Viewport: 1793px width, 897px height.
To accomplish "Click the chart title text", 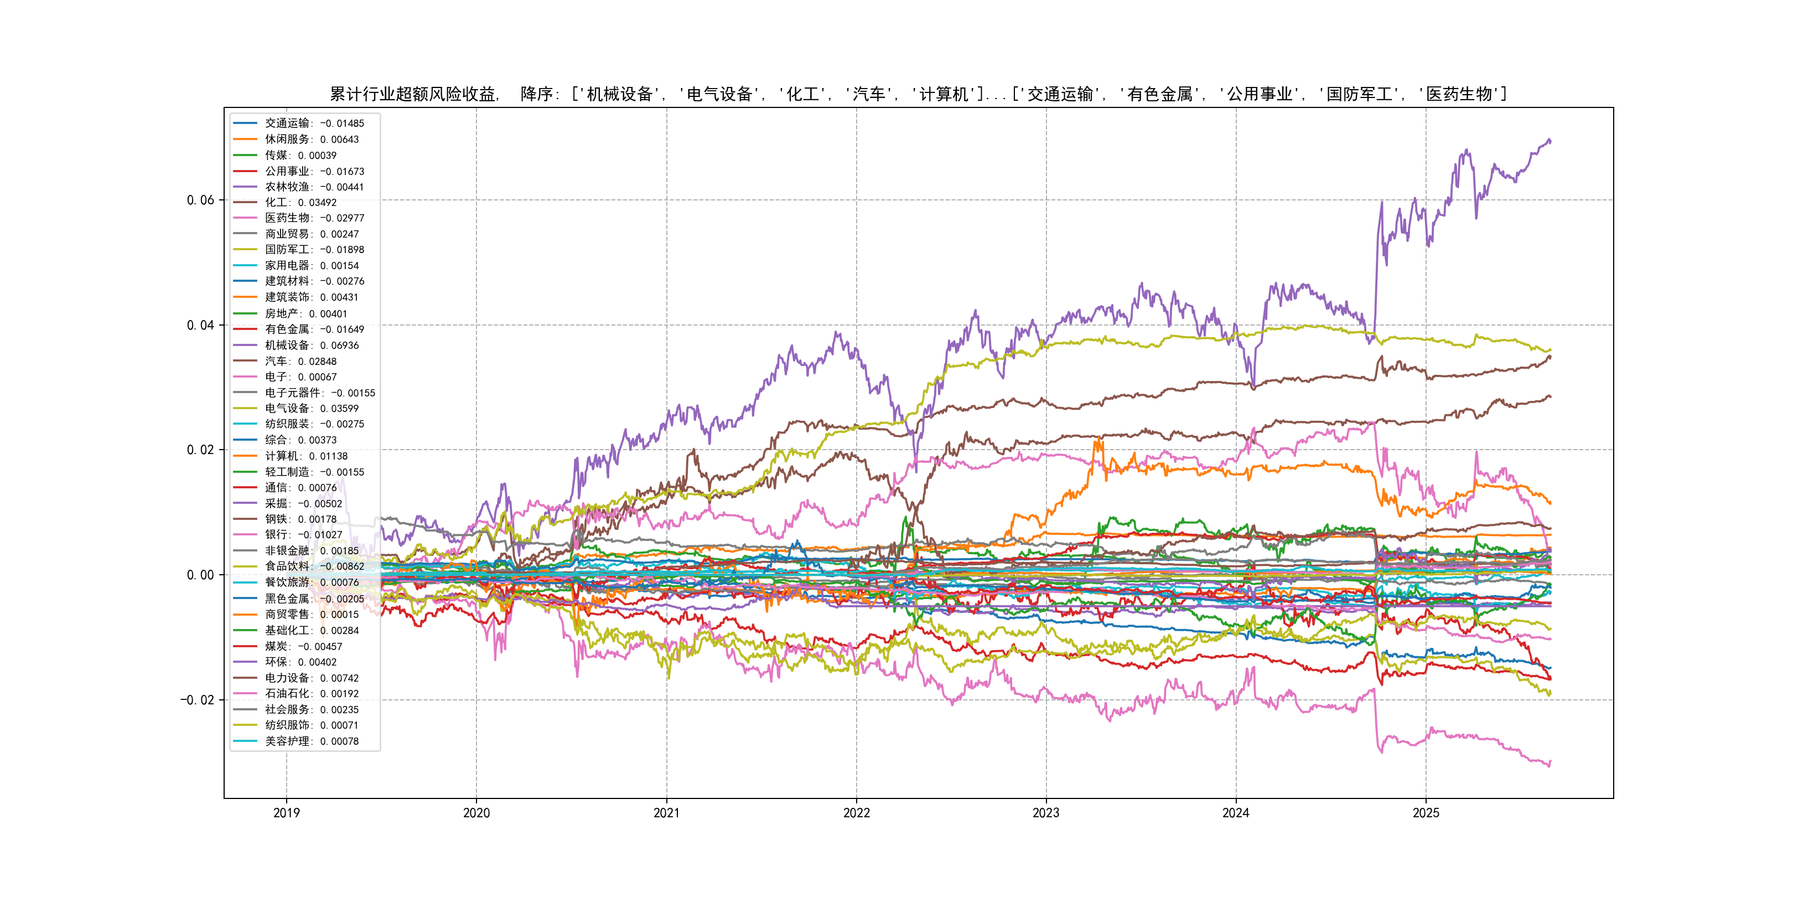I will point(918,94).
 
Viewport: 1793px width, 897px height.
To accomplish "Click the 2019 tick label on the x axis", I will point(286,813).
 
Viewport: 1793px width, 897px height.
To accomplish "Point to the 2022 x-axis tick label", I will point(856,813).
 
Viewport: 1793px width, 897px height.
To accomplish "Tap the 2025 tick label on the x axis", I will point(1426,813).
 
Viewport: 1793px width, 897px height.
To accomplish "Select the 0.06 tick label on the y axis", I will point(200,200).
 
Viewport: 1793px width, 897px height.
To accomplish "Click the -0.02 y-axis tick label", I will point(198,700).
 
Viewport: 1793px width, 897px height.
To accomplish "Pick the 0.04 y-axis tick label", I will point(200,325).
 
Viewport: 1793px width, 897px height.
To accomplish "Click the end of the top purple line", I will point(1550,141).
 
